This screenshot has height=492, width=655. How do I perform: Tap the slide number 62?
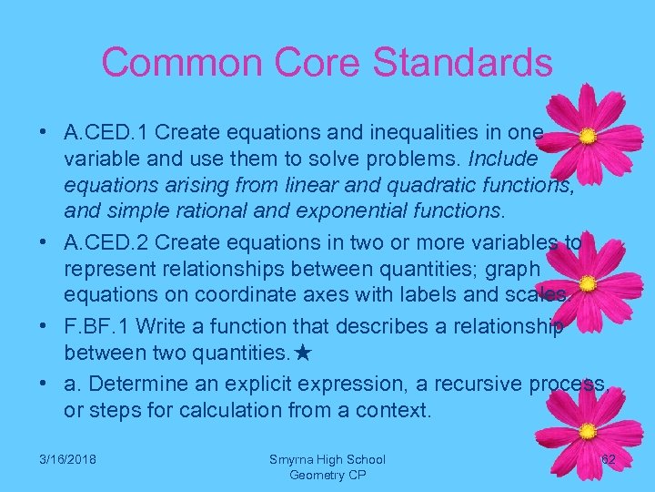pyautogui.click(x=609, y=460)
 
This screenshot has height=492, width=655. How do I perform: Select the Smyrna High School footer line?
pyautogui.click(x=327, y=460)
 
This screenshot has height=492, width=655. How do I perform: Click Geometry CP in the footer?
pyautogui.click(x=327, y=475)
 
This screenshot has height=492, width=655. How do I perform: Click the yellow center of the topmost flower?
pyautogui.click(x=589, y=137)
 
